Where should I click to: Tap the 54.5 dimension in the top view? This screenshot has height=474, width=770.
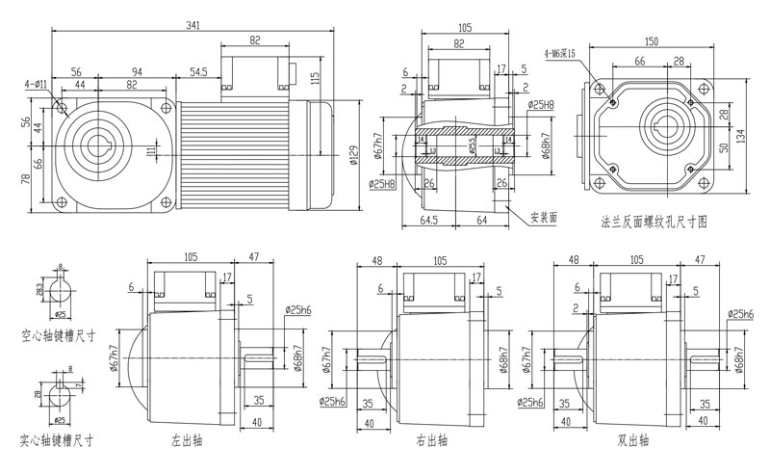pyautogui.click(x=199, y=72)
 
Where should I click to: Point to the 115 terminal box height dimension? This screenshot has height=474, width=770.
pyautogui.click(x=315, y=76)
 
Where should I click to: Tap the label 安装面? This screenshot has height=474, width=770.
pyautogui.click(x=545, y=216)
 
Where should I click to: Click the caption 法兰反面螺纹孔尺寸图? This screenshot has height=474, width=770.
pyautogui.click(x=654, y=221)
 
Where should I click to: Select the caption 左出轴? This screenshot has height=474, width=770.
pyautogui.click(x=184, y=440)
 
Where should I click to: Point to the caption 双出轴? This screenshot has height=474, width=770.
pyautogui.click(x=631, y=440)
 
